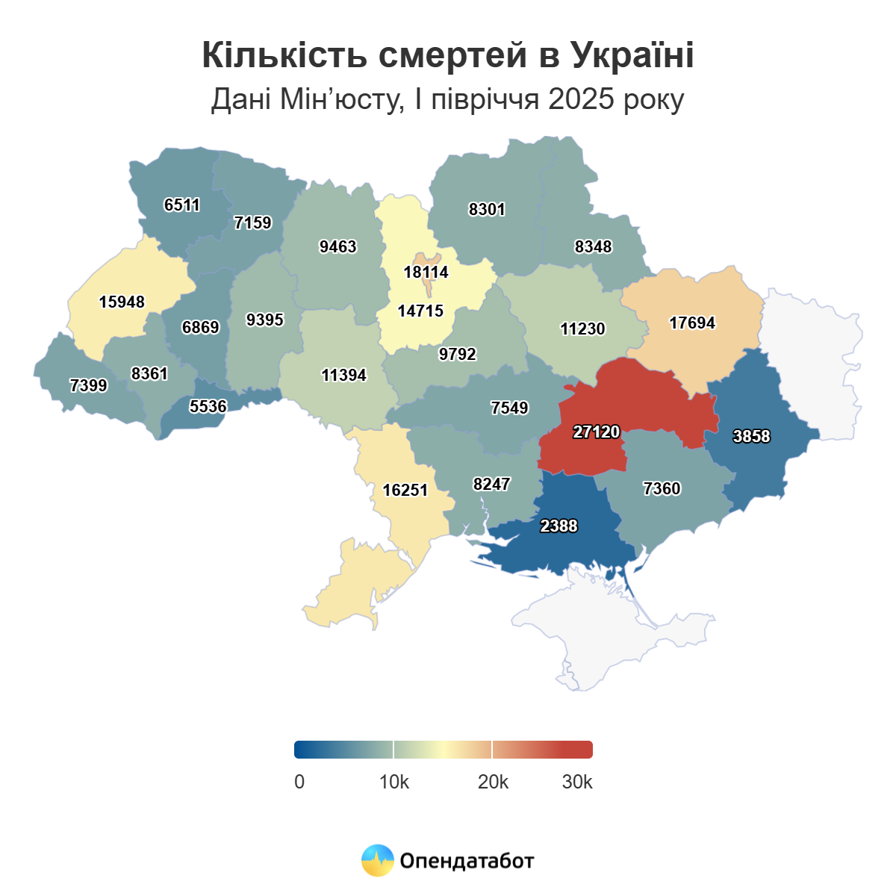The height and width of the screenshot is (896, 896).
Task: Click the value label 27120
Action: click(597, 432)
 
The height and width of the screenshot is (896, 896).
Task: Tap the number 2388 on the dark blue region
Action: click(559, 526)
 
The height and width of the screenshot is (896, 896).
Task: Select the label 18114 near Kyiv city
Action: click(426, 273)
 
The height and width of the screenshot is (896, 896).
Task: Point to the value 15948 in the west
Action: click(122, 302)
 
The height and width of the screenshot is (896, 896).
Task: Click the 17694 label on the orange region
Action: click(692, 323)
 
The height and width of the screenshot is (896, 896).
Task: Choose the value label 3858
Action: click(751, 437)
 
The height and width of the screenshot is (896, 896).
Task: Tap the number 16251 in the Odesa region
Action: click(405, 491)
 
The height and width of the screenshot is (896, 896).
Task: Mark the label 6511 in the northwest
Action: click(182, 205)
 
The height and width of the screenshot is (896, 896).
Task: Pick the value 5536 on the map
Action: click(208, 407)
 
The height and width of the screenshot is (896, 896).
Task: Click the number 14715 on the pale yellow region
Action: click(420, 311)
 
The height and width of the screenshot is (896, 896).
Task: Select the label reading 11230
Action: click(582, 329)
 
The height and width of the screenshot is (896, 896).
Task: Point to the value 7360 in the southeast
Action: click(662, 489)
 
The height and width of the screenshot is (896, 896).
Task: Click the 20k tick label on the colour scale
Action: click(493, 783)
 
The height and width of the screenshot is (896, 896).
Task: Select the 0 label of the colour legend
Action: click(299, 783)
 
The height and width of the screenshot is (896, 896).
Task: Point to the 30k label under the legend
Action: click(577, 783)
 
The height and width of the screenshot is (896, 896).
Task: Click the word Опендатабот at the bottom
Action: click(467, 861)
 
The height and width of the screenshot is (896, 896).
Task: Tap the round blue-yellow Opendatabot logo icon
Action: click(377, 860)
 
